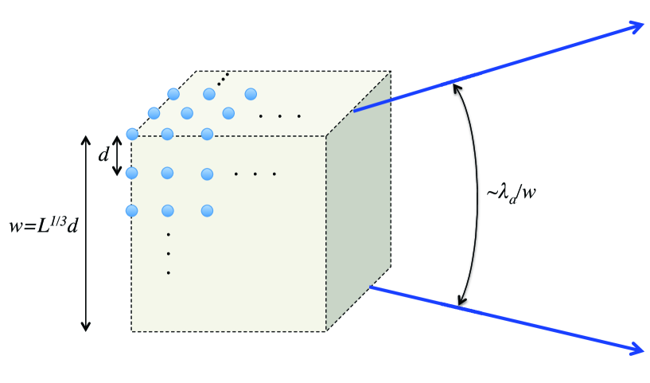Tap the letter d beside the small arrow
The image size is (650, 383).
click(x=103, y=155)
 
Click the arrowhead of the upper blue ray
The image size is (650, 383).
click(x=636, y=26)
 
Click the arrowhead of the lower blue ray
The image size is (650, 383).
click(x=636, y=348)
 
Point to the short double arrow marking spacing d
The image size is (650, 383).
click(x=118, y=155)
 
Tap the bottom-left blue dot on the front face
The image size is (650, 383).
click(x=132, y=211)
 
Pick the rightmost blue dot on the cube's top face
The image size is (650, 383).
click(x=251, y=94)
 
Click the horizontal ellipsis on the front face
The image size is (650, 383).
click(x=255, y=174)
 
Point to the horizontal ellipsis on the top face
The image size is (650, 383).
click(x=280, y=116)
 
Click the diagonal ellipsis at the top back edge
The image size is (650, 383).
click(x=224, y=77)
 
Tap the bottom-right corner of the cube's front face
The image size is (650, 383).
click(x=326, y=330)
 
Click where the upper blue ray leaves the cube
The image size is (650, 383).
click(x=354, y=111)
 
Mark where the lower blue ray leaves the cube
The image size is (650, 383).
click(x=371, y=287)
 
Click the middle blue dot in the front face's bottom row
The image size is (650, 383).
click(x=169, y=211)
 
